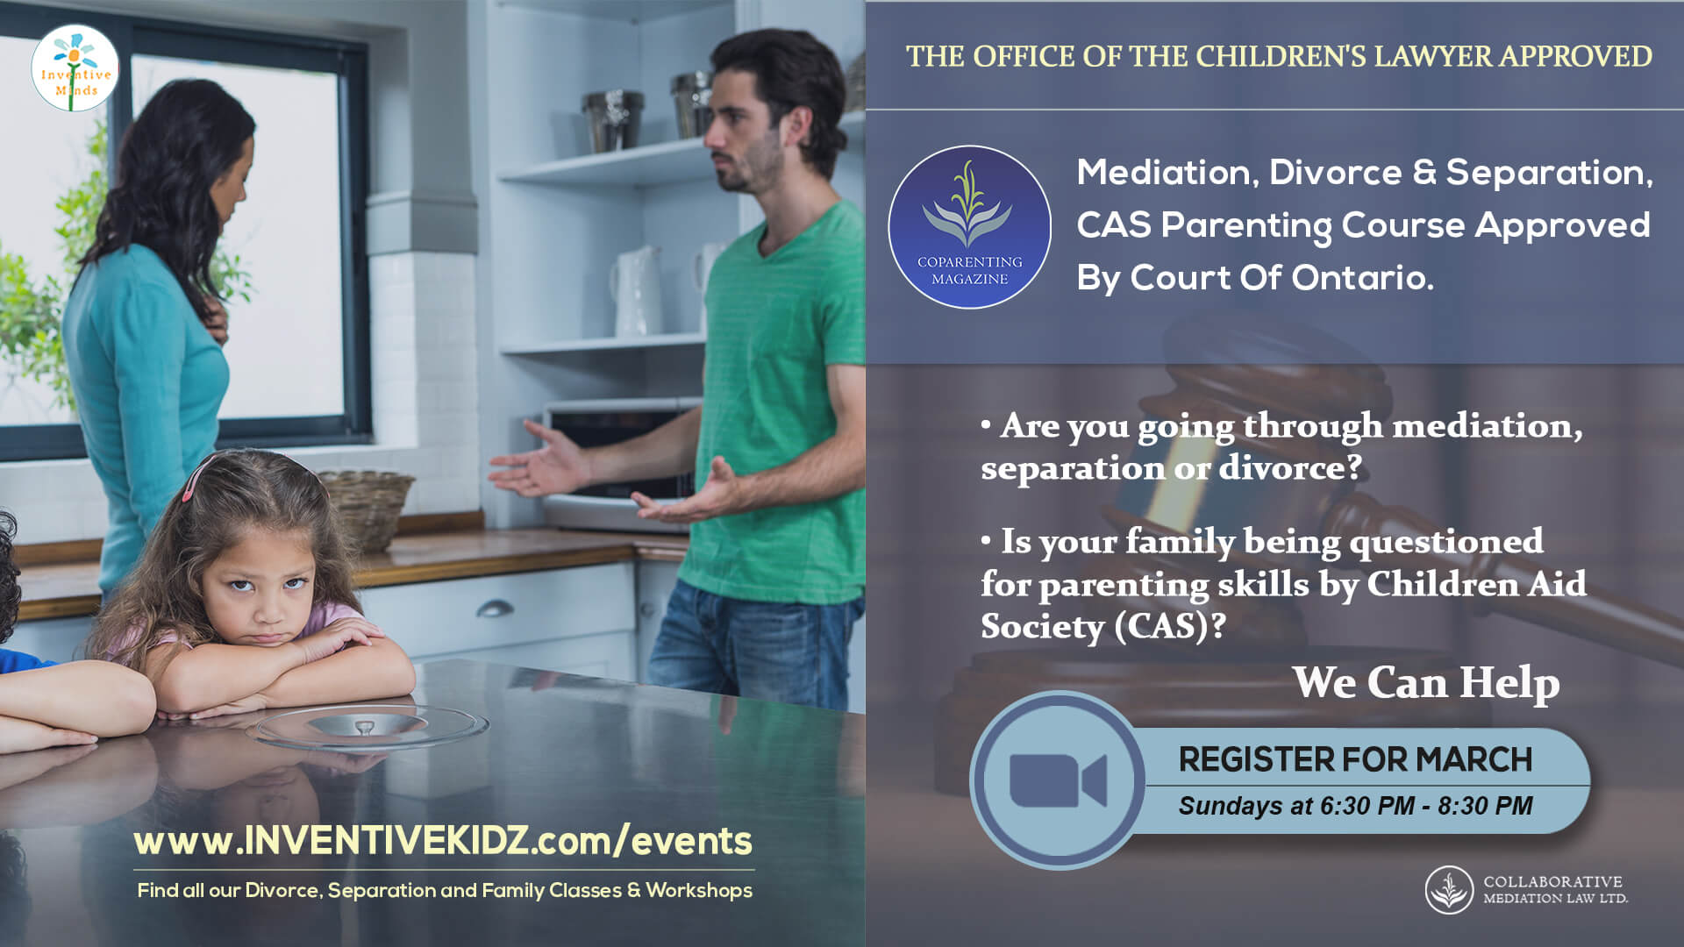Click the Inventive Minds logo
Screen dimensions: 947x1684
click(x=75, y=68)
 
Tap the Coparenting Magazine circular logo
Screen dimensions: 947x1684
click(x=969, y=227)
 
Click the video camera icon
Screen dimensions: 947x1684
click(x=1058, y=780)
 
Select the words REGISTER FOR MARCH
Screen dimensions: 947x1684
click(x=1355, y=759)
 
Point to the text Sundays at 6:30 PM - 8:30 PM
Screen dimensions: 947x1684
click(x=1355, y=806)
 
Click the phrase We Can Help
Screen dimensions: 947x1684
click(x=1426, y=682)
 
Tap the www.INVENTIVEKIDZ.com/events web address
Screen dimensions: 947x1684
click(x=443, y=841)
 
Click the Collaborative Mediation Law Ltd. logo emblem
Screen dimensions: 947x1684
click(x=1449, y=890)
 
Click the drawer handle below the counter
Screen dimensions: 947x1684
click(x=495, y=609)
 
